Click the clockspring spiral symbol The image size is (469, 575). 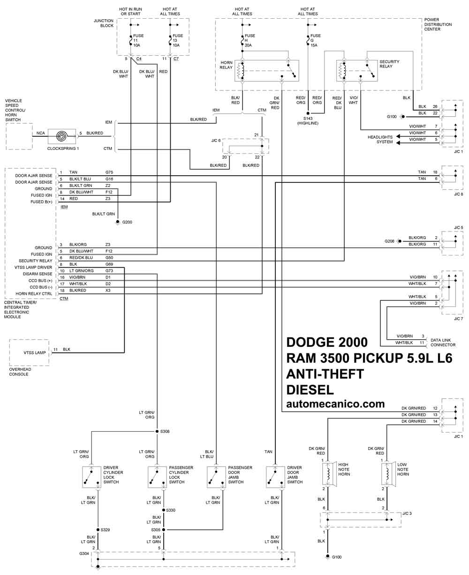pos(62,136)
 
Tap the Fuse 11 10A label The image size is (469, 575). pos(138,40)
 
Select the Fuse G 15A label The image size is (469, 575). pos(315,40)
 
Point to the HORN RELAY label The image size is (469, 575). pos(226,65)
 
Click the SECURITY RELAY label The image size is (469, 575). pos(389,64)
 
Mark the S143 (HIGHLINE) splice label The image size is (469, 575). pos(308,120)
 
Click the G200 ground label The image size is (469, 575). pos(127,222)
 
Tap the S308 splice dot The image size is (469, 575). pos(157,432)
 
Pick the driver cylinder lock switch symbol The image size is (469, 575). pos(91,477)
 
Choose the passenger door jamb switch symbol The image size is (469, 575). pos(216,477)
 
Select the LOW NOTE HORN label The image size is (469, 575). pos(403,469)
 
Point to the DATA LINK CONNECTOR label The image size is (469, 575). pos(443,343)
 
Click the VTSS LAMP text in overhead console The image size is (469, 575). pos(35,352)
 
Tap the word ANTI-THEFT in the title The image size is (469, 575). pos(325,374)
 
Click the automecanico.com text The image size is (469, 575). pos(335,404)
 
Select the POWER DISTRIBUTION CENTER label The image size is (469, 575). pos(438,24)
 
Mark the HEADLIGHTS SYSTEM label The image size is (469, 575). pos(380,139)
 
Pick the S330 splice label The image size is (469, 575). pos(170,510)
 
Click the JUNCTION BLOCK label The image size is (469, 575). pos(104,23)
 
